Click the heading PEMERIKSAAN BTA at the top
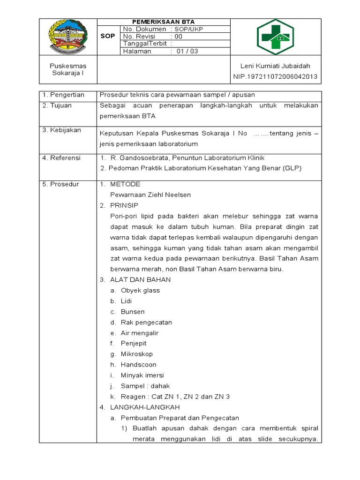164,22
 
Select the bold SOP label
108,37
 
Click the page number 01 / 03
187,52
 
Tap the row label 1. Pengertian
63,95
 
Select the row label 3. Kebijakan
61,129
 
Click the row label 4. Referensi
61,158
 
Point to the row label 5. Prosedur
61,184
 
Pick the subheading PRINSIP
124,205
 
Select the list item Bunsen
133,312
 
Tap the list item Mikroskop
137,354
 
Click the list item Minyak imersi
142,375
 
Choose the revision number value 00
179,37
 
